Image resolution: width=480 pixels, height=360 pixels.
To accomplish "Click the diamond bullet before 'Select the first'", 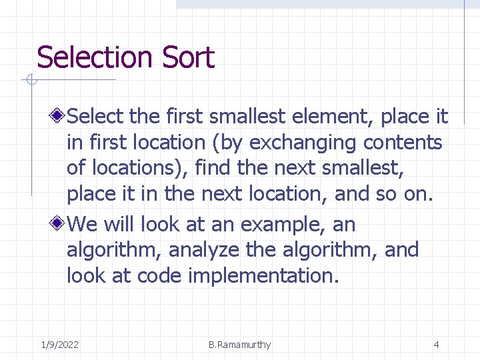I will click(x=59, y=117).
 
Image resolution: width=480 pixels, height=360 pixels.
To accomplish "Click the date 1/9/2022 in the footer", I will click(x=59, y=345).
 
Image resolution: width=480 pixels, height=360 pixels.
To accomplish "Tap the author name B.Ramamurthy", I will click(x=239, y=345).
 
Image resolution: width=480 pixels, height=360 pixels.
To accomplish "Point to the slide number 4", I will click(x=436, y=345).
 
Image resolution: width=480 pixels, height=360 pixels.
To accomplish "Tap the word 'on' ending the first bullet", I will click(x=421, y=194).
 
